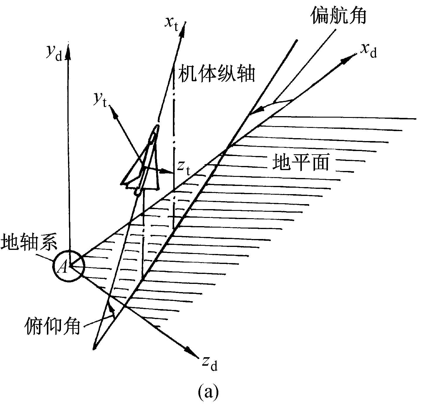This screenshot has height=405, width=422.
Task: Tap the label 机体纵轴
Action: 217,73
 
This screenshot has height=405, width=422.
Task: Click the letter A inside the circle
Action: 63,267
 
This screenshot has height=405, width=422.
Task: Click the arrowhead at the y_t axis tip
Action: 114,113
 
